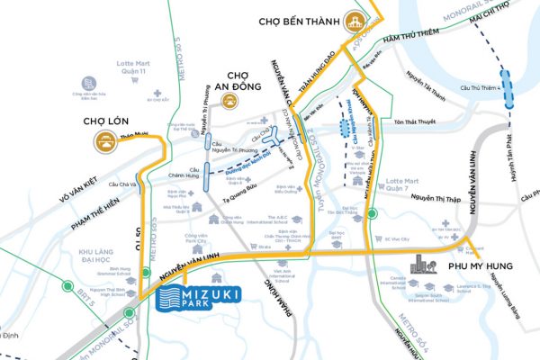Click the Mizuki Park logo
coord(195,298)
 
